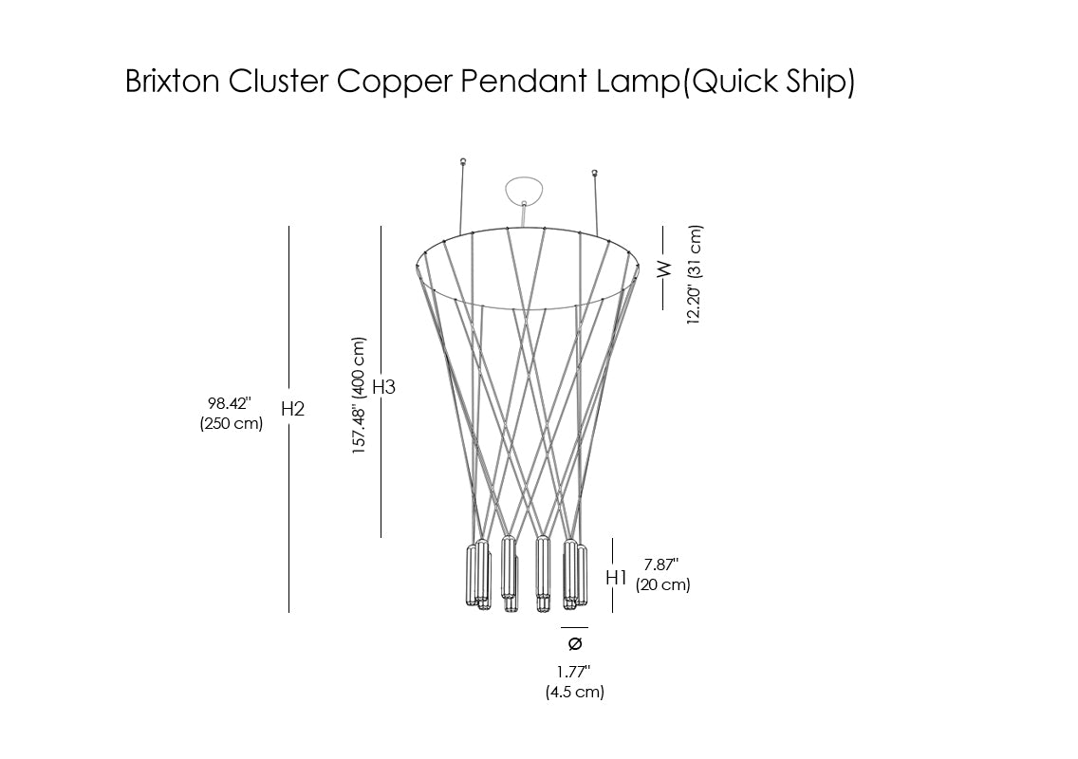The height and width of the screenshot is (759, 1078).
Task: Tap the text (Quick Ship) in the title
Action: coord(770,83)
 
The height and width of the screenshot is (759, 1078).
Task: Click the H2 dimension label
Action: coord(292,409)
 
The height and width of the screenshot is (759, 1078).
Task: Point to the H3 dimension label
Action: coord(383,387)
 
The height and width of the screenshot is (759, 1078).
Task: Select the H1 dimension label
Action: coord(617,577)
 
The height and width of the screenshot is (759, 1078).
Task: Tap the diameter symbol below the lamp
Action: coord(574,644)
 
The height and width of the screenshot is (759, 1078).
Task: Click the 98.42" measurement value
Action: coord(230,403)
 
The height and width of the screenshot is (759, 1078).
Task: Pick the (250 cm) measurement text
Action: coord(231,424)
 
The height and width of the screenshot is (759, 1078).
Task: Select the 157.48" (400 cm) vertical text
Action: coord(359,396)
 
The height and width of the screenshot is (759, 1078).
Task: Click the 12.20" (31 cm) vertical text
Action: coord(695,275)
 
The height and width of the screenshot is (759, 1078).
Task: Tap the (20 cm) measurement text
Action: coord(662,584)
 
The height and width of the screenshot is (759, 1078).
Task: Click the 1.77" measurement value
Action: coord(573,672)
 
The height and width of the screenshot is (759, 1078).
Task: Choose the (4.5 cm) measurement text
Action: coord(574,693)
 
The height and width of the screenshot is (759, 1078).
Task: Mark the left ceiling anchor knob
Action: coord(462,162)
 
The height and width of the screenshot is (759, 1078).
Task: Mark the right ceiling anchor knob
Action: coord(595,174)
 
